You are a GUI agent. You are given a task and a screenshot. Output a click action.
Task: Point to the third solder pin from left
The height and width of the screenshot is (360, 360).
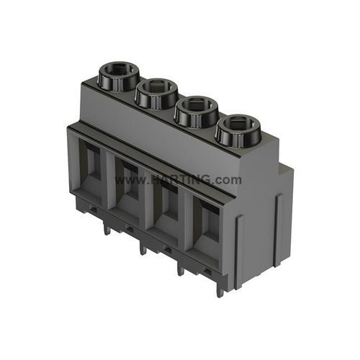point(179,269)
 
